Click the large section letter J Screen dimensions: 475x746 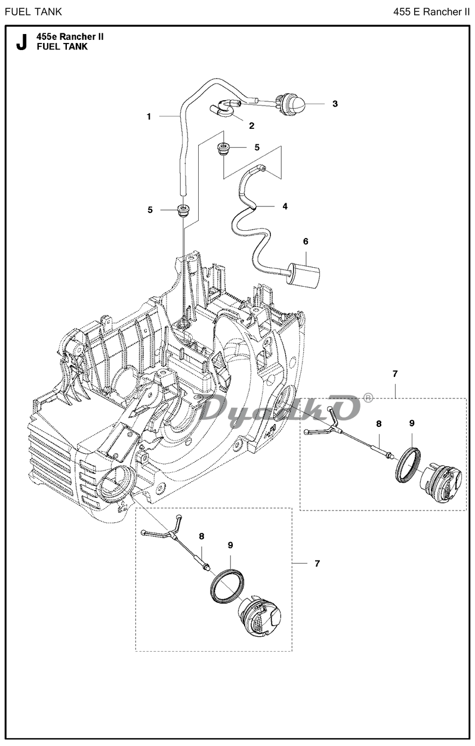tap(21, 42)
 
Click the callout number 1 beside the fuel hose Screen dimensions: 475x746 tap(149, 116)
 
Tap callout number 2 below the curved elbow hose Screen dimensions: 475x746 tap(252, 126)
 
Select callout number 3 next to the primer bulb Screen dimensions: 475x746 tap(335, 104)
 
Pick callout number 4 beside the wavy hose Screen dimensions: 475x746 tap(285, 206)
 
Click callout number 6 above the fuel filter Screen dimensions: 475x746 tap(306, 242)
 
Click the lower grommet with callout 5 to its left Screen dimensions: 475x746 tap(183, 210)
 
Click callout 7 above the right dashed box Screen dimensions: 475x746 tap(395, 374)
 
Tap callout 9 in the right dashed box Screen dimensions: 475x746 tap(412, 423)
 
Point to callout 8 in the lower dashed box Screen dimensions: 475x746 tap(201, 537)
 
